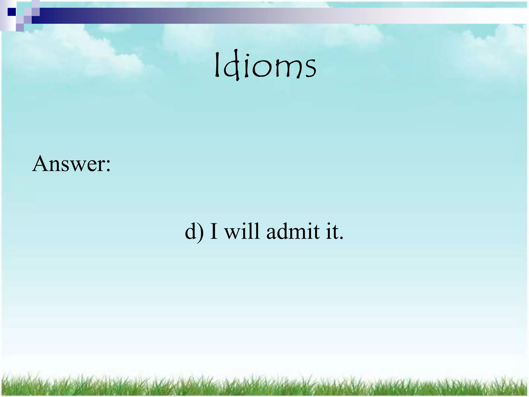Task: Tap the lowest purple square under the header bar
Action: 20,27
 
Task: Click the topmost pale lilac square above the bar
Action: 36,4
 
